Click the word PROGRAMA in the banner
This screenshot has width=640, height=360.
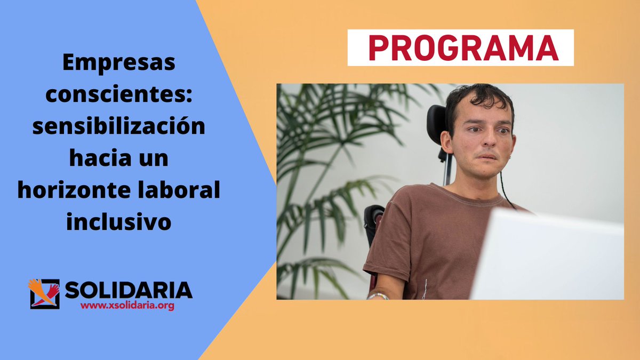(x=460, y=47)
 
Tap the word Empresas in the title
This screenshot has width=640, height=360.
(x=118, y=64)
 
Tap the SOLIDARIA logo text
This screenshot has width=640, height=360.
(x=128, y=291)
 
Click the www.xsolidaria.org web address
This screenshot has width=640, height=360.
(x=127, y=307)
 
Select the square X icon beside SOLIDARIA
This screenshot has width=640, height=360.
(x=44, y=293)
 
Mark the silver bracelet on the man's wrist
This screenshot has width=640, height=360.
(x=378, y=295)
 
